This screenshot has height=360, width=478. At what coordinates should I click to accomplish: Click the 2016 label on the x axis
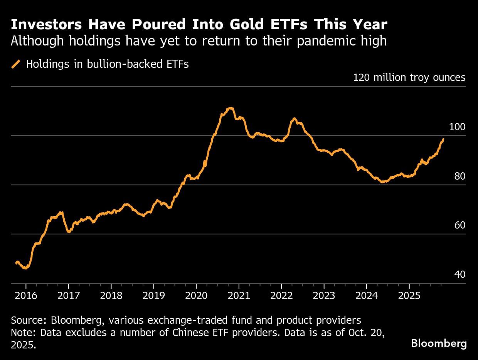[26, 296]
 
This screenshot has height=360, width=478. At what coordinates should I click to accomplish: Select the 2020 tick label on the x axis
[196, 296]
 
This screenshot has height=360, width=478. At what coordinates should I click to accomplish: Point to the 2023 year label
[324, 296]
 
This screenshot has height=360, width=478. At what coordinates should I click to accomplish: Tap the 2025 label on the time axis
[409, 296]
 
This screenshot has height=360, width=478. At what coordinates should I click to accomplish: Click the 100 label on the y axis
[457, 127]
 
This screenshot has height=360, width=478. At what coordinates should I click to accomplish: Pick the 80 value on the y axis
[460, 176]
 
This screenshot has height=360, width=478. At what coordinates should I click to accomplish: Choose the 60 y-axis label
[460, 225]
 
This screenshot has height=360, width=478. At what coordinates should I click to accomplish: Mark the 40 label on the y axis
[460, 274]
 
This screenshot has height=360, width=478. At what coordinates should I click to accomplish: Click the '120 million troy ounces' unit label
[409, 77]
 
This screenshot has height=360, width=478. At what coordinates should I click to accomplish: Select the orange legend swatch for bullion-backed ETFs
[16, 64]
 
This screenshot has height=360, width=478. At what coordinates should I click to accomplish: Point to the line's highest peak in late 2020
[230, 108]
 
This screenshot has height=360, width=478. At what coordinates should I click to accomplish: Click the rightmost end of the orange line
[443, 139]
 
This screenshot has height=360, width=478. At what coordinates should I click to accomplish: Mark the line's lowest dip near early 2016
[25, 268]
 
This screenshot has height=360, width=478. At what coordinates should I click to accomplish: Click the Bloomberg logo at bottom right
[439, 343]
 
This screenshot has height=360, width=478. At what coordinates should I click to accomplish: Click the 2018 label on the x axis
[111, 296]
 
